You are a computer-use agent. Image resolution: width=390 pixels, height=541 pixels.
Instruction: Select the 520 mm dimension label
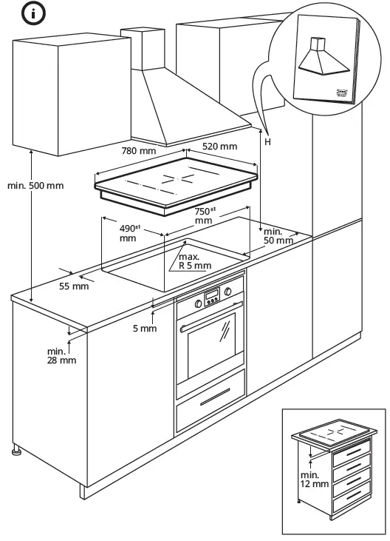(219, 147)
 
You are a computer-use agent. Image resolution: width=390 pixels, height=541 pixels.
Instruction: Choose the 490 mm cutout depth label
(131, 233)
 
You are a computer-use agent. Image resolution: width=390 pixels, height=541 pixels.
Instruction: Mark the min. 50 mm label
(278, 236)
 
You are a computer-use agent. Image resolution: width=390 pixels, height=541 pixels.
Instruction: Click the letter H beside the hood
(267, 141)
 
